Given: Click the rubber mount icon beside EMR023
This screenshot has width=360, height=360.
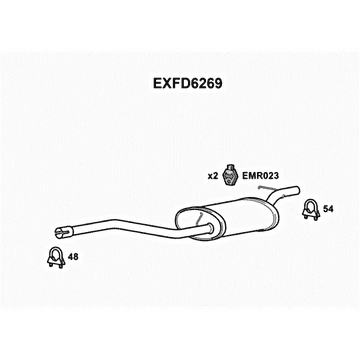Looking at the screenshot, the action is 231,175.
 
